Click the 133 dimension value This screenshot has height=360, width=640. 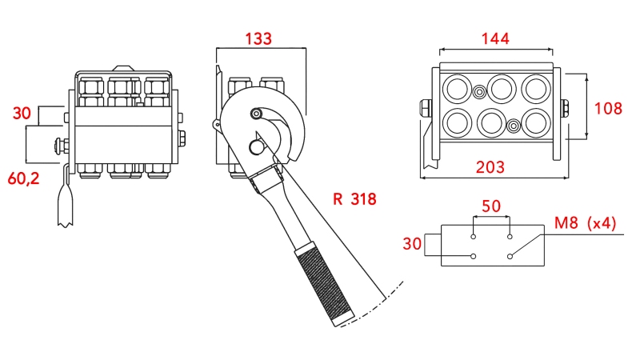pos(258,38)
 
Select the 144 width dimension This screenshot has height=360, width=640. pos(495,38)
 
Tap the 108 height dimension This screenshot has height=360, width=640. pos(609,107)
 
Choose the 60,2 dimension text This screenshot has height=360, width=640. pos(23,178)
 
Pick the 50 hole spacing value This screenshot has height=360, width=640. pos(491,206)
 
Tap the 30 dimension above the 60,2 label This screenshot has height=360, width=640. pos(22,113)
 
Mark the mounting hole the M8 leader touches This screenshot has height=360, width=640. pos(510,256)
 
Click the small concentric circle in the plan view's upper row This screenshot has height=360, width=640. pos(478,91)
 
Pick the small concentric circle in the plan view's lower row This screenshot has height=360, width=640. pos(514,126)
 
